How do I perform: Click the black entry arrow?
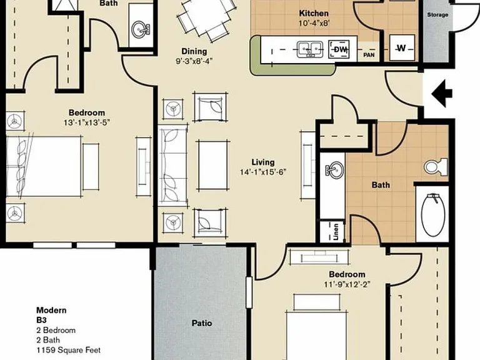pos(442,93)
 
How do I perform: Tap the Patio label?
pos(202,323)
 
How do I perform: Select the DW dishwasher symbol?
pos(339,49)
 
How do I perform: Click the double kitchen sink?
pos(310,49)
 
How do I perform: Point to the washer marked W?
pos(402,47)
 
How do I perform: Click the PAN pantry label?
pos(369,55)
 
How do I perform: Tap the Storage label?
pos(437,15)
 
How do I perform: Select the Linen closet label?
pos(336,232)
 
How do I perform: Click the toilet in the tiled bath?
pos(436,167)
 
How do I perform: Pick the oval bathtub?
pos(433,214)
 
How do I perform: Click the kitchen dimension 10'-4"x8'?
pos(314,24)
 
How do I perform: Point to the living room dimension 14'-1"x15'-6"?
pos(263,172)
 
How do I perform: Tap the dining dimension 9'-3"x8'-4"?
pos(194,61)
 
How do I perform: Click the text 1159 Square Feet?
pos(69,350)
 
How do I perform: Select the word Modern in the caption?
pos(51,310)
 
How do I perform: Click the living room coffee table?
pos(212,165)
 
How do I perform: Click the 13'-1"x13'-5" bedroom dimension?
pos(87,122)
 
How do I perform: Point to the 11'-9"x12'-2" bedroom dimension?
pos(347,284)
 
